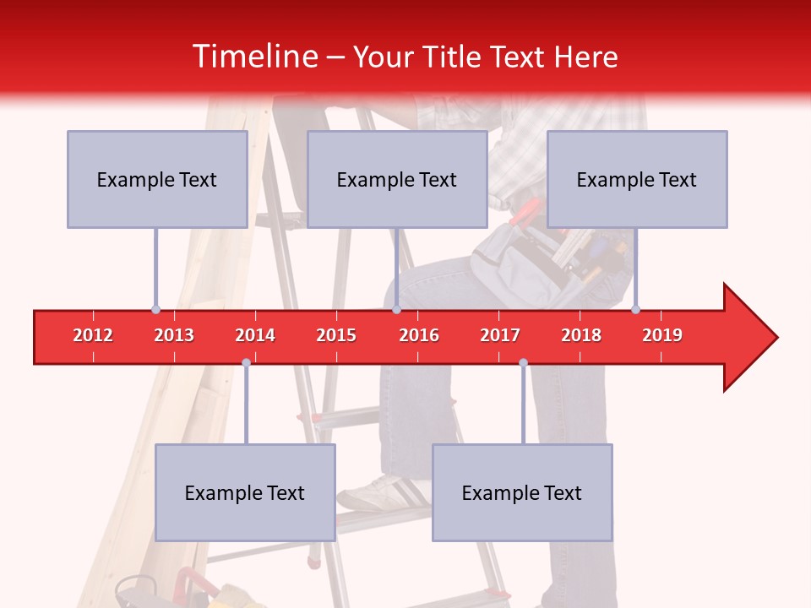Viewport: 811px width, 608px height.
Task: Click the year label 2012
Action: tap(93, 335)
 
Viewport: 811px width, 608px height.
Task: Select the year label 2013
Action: tap(174, 335)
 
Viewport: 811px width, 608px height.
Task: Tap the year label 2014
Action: tap(255, 335)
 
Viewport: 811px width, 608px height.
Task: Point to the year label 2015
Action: tap(336, 335)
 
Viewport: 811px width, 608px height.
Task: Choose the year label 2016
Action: tap(419, 335)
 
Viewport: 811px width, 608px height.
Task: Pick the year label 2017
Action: tap(500, 335)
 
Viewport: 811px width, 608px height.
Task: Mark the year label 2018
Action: tap(581, 335)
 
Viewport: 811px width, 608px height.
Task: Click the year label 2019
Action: tap(662, 335)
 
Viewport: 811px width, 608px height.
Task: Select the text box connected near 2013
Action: tap(157, 179)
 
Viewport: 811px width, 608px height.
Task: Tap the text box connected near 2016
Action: tap(397, 179)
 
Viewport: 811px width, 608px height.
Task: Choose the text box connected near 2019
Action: tap(637, 179)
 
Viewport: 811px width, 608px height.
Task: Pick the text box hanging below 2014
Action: tap(245, 492)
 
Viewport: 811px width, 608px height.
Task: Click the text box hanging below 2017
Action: tap(522, 492)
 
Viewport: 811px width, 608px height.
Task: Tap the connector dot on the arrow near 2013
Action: tap(155, 310)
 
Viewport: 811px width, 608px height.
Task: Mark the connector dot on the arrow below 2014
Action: tap(246, 362)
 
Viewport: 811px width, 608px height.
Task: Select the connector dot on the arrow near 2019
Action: tap(635, 310)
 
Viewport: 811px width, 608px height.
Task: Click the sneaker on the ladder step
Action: tap(380, 493)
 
